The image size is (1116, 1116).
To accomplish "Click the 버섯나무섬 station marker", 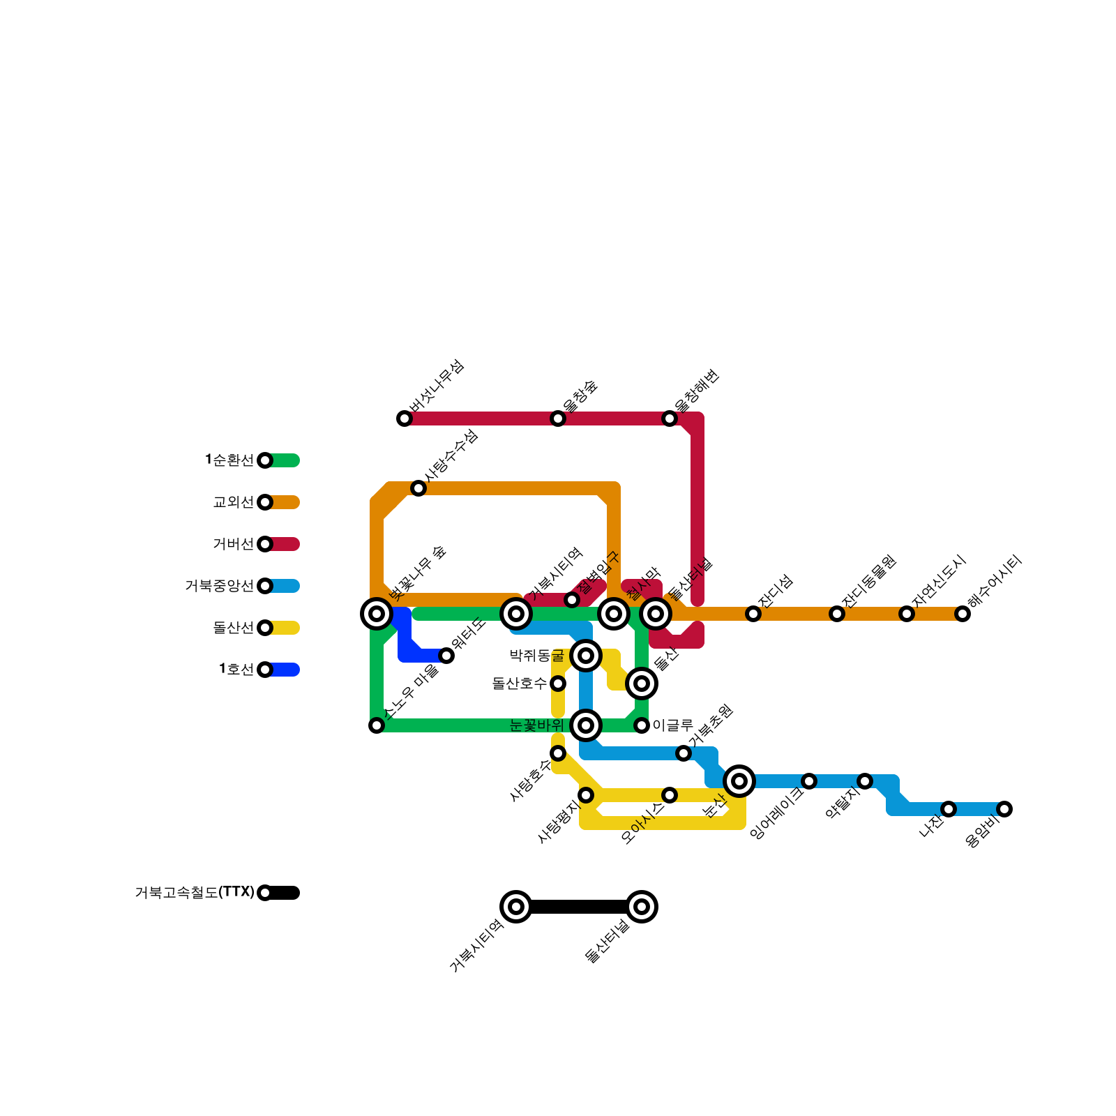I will pos(405,418).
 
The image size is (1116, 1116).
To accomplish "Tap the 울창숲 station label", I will pos(580,395).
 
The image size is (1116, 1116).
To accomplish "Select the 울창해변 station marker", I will pos(670,418).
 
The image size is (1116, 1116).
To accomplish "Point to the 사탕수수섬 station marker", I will pos(418,488).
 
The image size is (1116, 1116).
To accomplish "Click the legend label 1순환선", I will pos(229,460).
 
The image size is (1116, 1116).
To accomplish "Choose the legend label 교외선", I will pos(234,502).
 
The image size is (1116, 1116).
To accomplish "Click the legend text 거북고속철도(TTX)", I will pos(195,893).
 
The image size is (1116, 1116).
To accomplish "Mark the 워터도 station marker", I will pos(446,656).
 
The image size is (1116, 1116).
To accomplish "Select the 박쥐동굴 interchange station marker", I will pos(586,656).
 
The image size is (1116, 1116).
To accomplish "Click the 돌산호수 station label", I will pos(520,684).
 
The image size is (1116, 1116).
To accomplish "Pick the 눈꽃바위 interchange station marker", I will pos(586,725).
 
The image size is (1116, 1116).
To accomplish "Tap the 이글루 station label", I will pos(672,725).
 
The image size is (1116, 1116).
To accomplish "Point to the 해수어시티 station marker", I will pos(963,614).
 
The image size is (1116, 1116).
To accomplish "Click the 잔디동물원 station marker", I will pos(837,614).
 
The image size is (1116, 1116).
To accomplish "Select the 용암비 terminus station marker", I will pos(1004,809).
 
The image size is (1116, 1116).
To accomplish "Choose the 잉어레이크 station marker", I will pos(809,781).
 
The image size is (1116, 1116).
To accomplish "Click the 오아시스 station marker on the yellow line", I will pos(670,795).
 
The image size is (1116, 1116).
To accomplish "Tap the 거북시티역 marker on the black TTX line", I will pos(516,907).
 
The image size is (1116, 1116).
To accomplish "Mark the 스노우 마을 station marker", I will pos(377,725).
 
